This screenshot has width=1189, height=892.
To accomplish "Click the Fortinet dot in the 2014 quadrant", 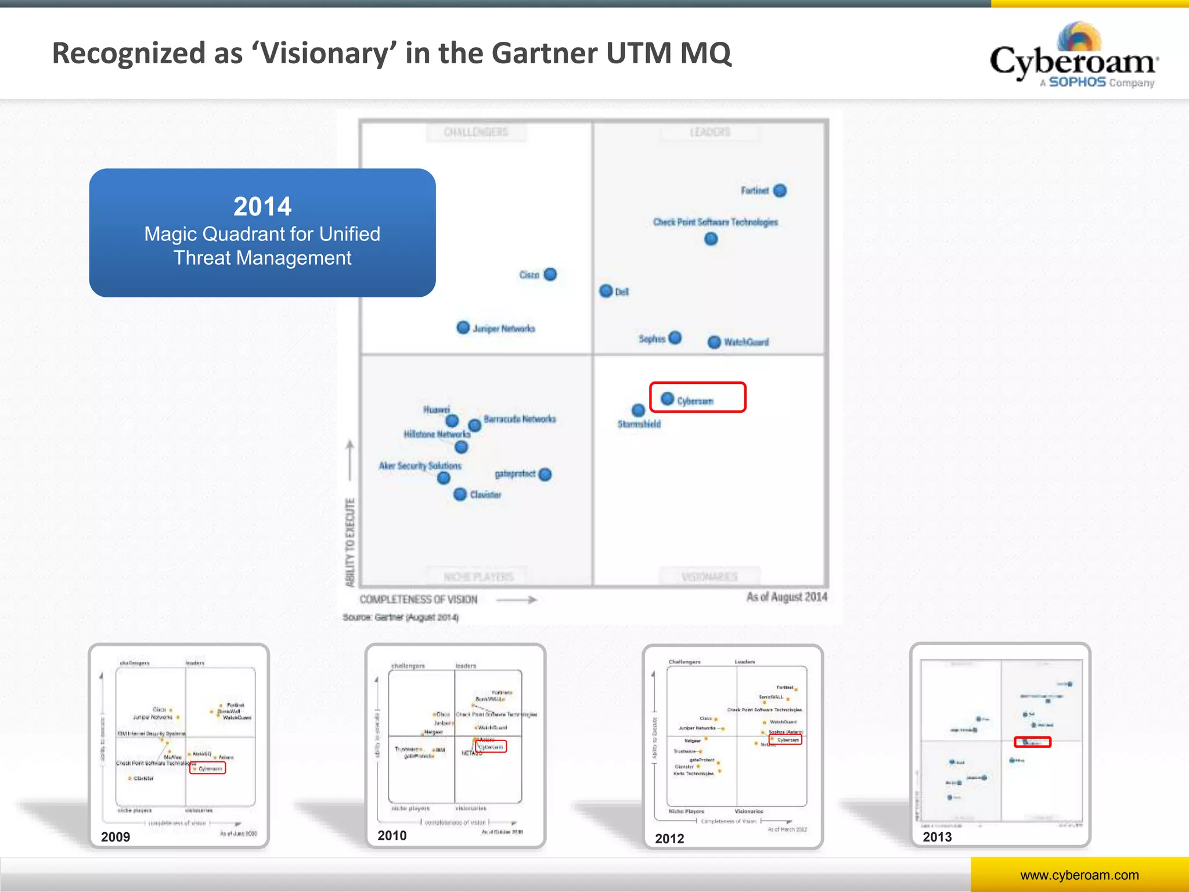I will click(x=780, y=190).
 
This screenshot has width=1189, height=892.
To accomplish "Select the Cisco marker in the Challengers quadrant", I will click(x=550, y=274).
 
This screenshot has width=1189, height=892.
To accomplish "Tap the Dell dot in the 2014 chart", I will click(x=606, y=291).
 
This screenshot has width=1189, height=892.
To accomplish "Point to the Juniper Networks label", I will click(x=503, y=329).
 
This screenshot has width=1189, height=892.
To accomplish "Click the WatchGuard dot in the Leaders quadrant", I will click(x=714, y=342).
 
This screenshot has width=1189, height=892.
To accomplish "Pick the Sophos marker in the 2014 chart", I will click(x=675, y=338).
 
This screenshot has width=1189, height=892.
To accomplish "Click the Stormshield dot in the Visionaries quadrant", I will click(x=638, y=411).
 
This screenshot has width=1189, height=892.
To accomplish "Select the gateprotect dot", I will click(x=545, y=474).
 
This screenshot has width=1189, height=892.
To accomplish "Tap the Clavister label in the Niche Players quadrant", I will click(x=485, y=495).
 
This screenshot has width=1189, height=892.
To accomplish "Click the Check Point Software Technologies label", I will click(x=715, y=222).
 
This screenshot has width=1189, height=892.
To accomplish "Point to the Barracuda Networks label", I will click(x=520, y=419).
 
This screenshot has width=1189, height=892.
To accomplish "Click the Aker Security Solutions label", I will click(x=420, y=466).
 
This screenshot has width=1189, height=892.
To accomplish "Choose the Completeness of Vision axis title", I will click(x=418, y=599).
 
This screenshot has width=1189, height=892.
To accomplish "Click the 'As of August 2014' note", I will click(x=787, y=597).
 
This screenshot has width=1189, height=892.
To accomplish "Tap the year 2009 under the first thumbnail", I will click(x=116, y=837).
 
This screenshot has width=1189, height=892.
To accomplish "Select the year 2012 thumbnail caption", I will click(x=669, y=839).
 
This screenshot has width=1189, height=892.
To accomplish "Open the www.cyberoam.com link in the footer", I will click(x=1079, y=875).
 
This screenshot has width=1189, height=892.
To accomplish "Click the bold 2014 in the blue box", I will click(x=262, y=206).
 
